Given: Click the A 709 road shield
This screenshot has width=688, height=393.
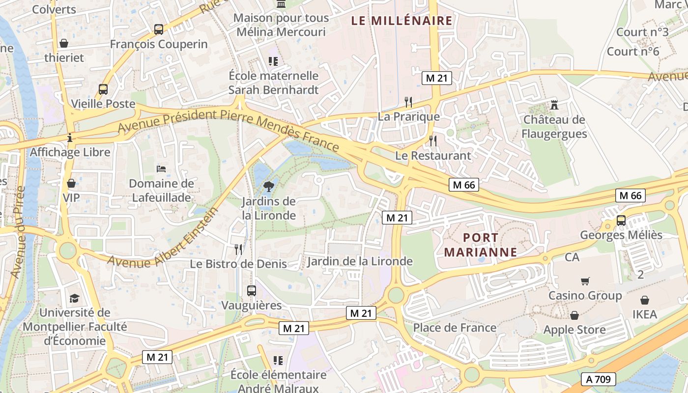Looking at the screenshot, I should click(x=598, y=379).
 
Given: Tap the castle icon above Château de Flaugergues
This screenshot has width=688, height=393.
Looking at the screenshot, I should click(x=555, y=104).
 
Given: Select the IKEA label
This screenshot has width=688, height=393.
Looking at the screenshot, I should click(x=644, y=314).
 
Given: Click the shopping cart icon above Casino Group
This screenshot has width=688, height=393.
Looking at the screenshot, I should click(x=585, y=281).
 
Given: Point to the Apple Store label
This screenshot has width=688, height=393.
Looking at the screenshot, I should click(x=574, y=330).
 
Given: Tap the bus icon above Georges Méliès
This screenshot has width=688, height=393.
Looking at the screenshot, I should click(x=621, y=220).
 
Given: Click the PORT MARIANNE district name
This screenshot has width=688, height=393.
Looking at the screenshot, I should click(x=480, y=245).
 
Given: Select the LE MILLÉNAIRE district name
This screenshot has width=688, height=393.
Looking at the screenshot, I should click(x=401, y=21).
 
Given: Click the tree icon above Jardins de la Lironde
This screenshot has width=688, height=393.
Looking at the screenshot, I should click(x=268, y=186).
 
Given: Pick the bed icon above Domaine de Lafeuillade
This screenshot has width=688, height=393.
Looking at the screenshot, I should click(x=161, y=168).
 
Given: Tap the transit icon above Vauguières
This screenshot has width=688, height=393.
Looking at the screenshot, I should click(x=252, y=290).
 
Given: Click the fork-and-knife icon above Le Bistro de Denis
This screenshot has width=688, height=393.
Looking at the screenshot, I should click(x=238, y=249).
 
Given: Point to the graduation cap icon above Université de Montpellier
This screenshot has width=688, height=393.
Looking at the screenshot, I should click(x=74, y=298).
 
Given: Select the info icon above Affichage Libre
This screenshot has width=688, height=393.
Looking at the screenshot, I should click(x=70, y=138).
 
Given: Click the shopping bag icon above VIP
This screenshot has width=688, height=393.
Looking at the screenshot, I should click(x=71, y=183).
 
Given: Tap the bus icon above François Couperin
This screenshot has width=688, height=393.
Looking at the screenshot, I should click(x=159, y=29).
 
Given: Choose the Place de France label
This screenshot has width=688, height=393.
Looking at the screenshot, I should click(x=455, y=328).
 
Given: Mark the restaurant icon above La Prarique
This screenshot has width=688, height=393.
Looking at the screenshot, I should click(x=408, y=102).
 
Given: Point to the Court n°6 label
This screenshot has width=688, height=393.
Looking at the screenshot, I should click(x=632, y=51).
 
